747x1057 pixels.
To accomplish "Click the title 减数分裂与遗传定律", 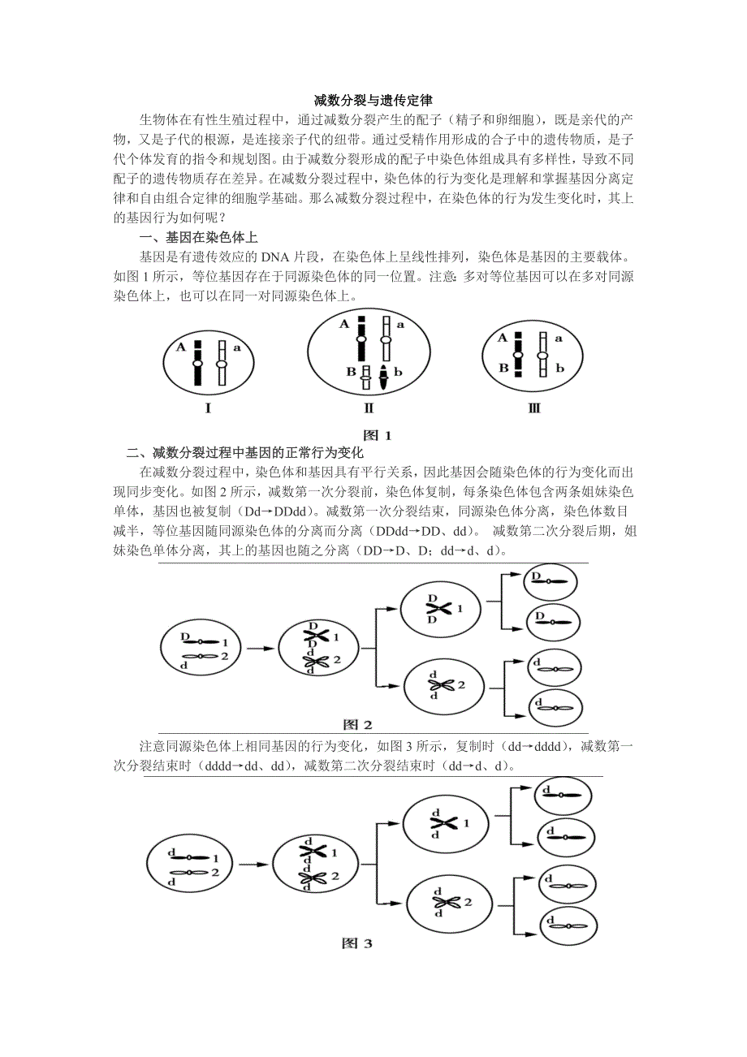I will coord(373,101).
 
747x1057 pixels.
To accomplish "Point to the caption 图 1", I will coord(378,435).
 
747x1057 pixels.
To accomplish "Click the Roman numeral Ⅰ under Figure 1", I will coord(208,408).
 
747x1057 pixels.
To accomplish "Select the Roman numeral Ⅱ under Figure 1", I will coord(369,408).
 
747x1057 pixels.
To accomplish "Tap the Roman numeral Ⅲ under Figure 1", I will coord(533,408).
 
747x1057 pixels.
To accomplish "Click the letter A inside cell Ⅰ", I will coord(180,347).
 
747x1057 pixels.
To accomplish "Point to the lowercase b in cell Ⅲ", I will coord(560,369).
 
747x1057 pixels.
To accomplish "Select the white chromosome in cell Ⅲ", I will coord(542,354).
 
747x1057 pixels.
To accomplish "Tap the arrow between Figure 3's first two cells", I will coord(253,866).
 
